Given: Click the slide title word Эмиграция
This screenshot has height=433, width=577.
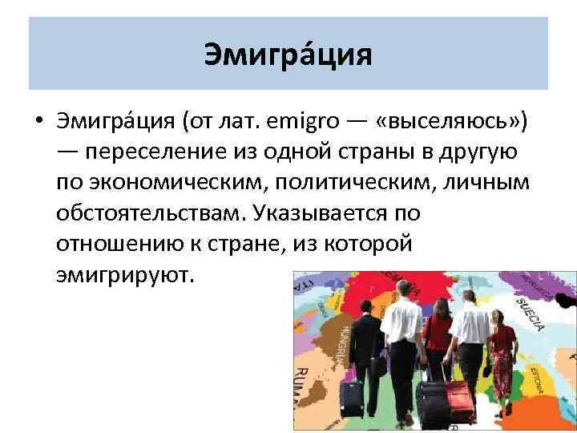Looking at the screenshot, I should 288,55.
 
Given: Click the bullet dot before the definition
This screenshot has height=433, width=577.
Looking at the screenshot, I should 38,124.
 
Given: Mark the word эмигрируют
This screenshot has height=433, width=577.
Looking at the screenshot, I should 125,274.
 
